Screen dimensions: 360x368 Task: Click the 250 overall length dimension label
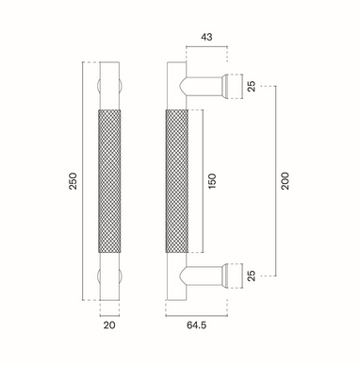pyautogui.click(x=73, y=180)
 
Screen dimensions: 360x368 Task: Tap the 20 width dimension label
pyautogui.click(x=109, y=325)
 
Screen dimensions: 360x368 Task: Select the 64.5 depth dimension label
pyautogui.click(x=196, y=325)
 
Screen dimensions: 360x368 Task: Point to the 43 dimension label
pyautogui.click(x=206, y=37)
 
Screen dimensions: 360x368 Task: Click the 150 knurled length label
pyautogui.click(x=212, y=181)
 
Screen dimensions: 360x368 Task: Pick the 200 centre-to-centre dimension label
pyautogui.click(x=285, y=181)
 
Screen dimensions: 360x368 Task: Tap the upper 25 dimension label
pyautogui.click(x=252, y=86)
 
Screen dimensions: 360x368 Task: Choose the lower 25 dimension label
pyautogui.click(x=252, y=276)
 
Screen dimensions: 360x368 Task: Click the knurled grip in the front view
pyautogui.click(x=109, y=181)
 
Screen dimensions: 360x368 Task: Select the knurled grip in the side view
pyautogui.click(x=177, y=181)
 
